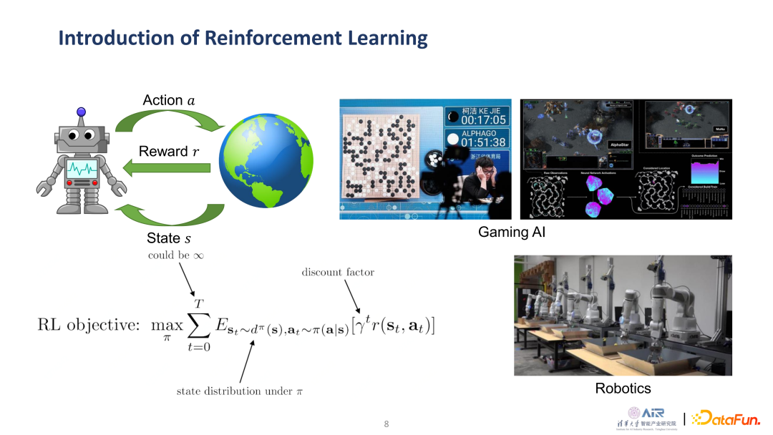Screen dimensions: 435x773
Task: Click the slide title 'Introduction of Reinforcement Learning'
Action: pos(243,37)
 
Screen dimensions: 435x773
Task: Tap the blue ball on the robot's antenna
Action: pos(81,112)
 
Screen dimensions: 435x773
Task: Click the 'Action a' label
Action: pos(169,100)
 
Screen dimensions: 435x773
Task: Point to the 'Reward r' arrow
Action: pos(166,168)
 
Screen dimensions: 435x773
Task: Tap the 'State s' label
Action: pos(169,238)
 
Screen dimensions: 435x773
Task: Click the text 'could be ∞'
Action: pos(176,255)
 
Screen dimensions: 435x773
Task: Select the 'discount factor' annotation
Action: pos(338,272)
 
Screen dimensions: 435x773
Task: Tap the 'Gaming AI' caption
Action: pos(512,232)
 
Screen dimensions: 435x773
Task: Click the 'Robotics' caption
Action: pos(623,388)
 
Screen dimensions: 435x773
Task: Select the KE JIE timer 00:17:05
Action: pos(483,119)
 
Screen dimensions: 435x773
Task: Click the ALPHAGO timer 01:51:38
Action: pos(483,142)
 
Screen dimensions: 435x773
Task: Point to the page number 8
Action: pos(386,424)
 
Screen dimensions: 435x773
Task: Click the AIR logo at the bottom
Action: pos(652,413)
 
